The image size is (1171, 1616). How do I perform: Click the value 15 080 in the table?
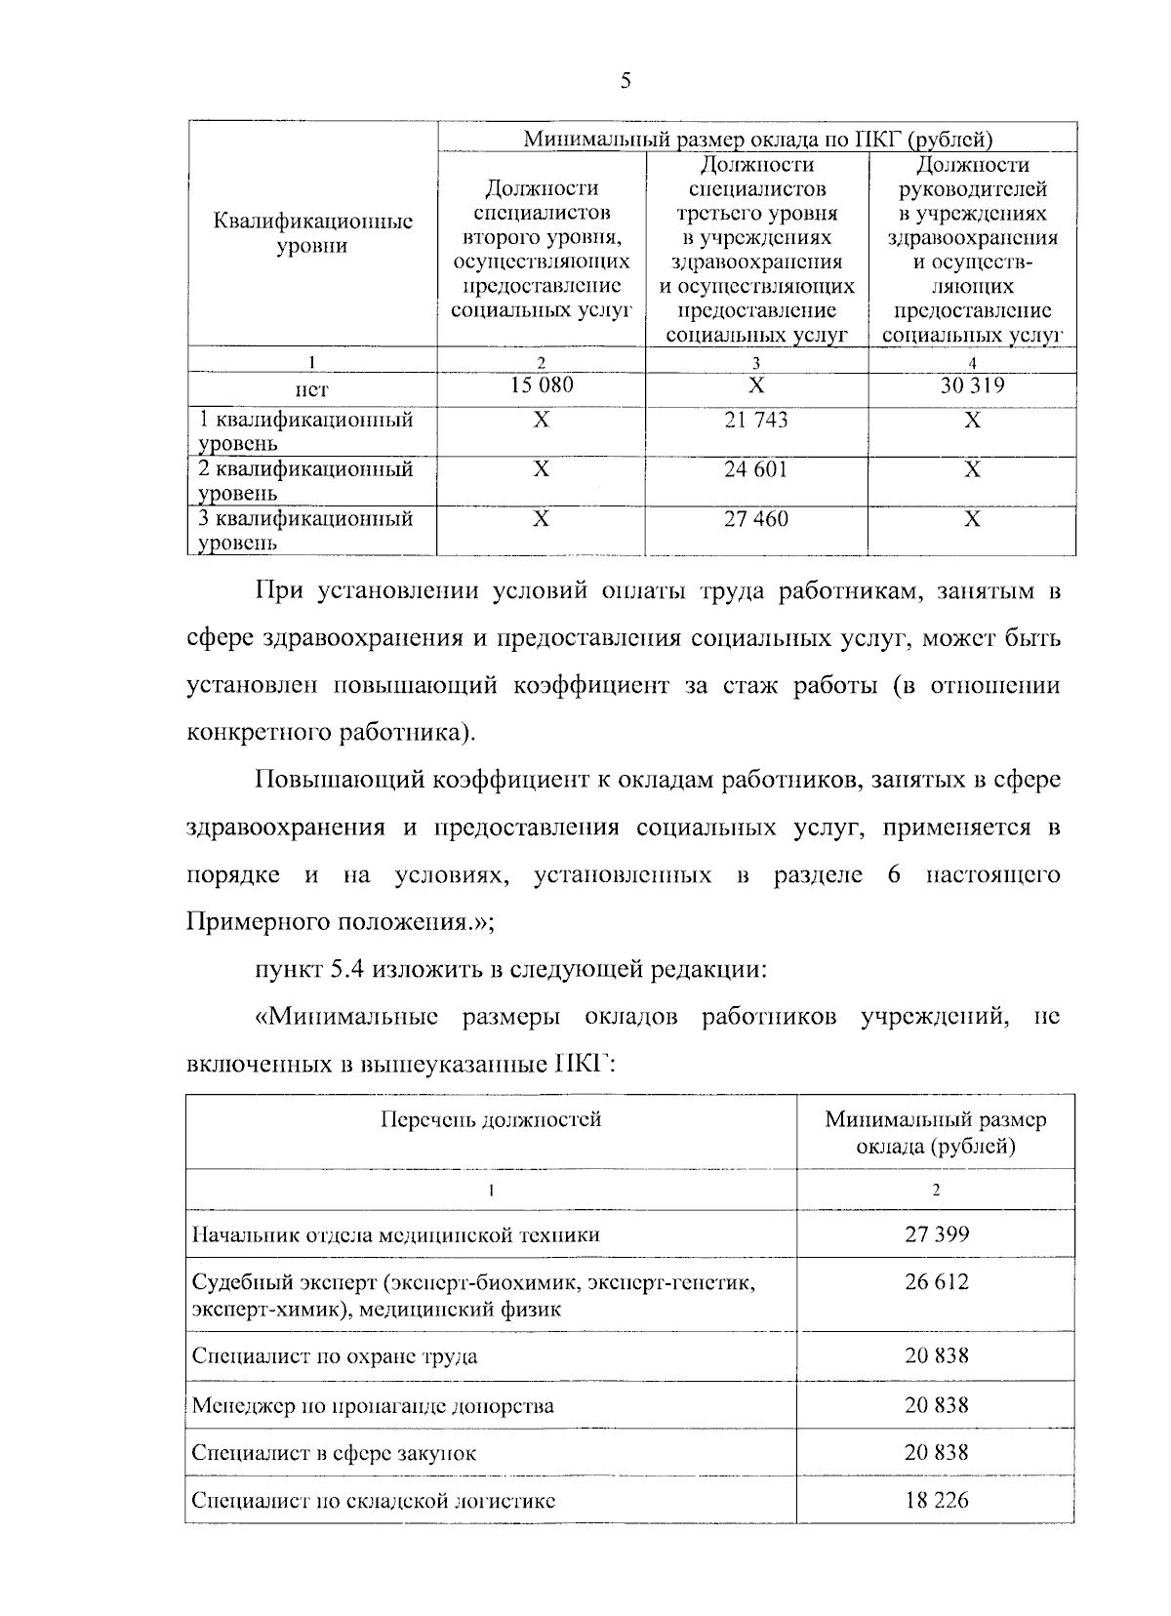(x=542, y=386)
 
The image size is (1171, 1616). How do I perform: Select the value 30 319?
(x=972, y=386)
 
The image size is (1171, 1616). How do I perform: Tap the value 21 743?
(x=756, y=421)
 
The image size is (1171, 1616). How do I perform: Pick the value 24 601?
(x=756, y=470)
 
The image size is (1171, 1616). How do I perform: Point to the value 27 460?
(x=756, y=519)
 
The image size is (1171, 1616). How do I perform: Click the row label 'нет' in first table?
(x=312, y=389)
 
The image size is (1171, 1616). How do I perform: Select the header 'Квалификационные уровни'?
(x=312, y=233)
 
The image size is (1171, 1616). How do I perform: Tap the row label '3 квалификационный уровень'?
(x=305, y=530)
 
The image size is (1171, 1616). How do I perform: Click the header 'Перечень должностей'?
(x=491, y=1119)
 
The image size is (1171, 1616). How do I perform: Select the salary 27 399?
(x=936, y=1234)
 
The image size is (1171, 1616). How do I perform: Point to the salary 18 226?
(x=936, y=1500)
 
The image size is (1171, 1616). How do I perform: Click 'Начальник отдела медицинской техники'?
(x=395, y=1235)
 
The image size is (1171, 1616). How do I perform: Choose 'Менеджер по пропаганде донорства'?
(x=373, y=1406)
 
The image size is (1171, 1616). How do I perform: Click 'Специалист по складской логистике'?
(x=374, y=1501)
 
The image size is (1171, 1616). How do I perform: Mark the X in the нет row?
(x=756, y=386)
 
